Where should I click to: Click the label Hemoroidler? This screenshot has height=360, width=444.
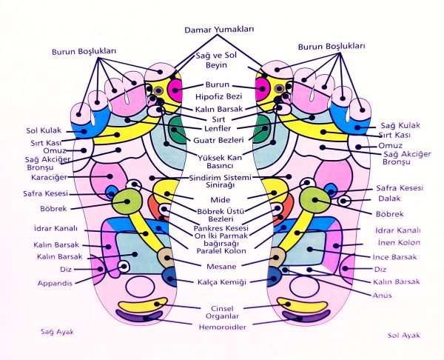pos(219,325)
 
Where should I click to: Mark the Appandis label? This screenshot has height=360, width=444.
pos(54,283)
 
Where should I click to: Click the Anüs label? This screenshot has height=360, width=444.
pos(382,294)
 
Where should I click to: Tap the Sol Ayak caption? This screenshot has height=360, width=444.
pos(403,335)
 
